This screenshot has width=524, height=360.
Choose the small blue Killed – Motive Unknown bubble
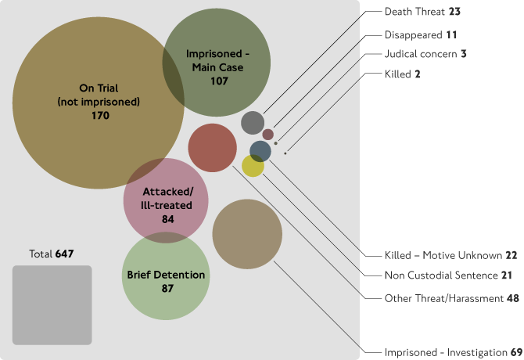260,151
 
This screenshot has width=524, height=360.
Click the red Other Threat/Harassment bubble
212,147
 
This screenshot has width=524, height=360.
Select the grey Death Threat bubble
253,123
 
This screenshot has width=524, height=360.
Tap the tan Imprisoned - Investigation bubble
247,234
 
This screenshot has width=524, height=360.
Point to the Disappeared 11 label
421,35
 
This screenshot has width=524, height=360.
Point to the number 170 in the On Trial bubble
99,115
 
